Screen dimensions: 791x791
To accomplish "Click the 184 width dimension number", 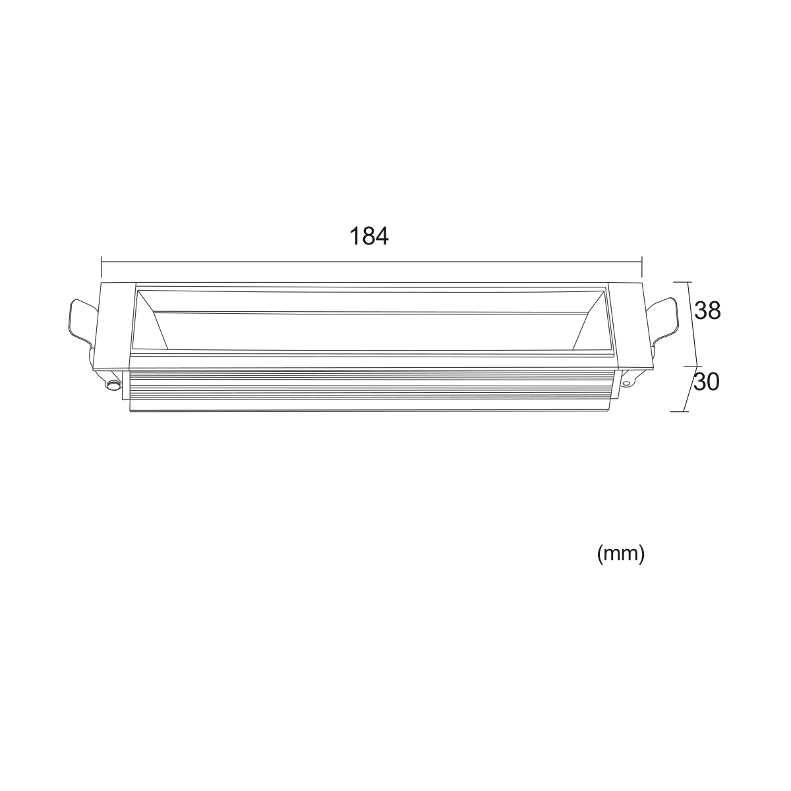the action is click(x=368, y=237).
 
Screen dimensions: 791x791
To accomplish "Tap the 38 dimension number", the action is click(x=707, y=310).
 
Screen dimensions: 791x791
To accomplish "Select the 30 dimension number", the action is click(x=707, y=382).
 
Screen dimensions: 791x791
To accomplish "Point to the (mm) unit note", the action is click(x=621, y=554).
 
